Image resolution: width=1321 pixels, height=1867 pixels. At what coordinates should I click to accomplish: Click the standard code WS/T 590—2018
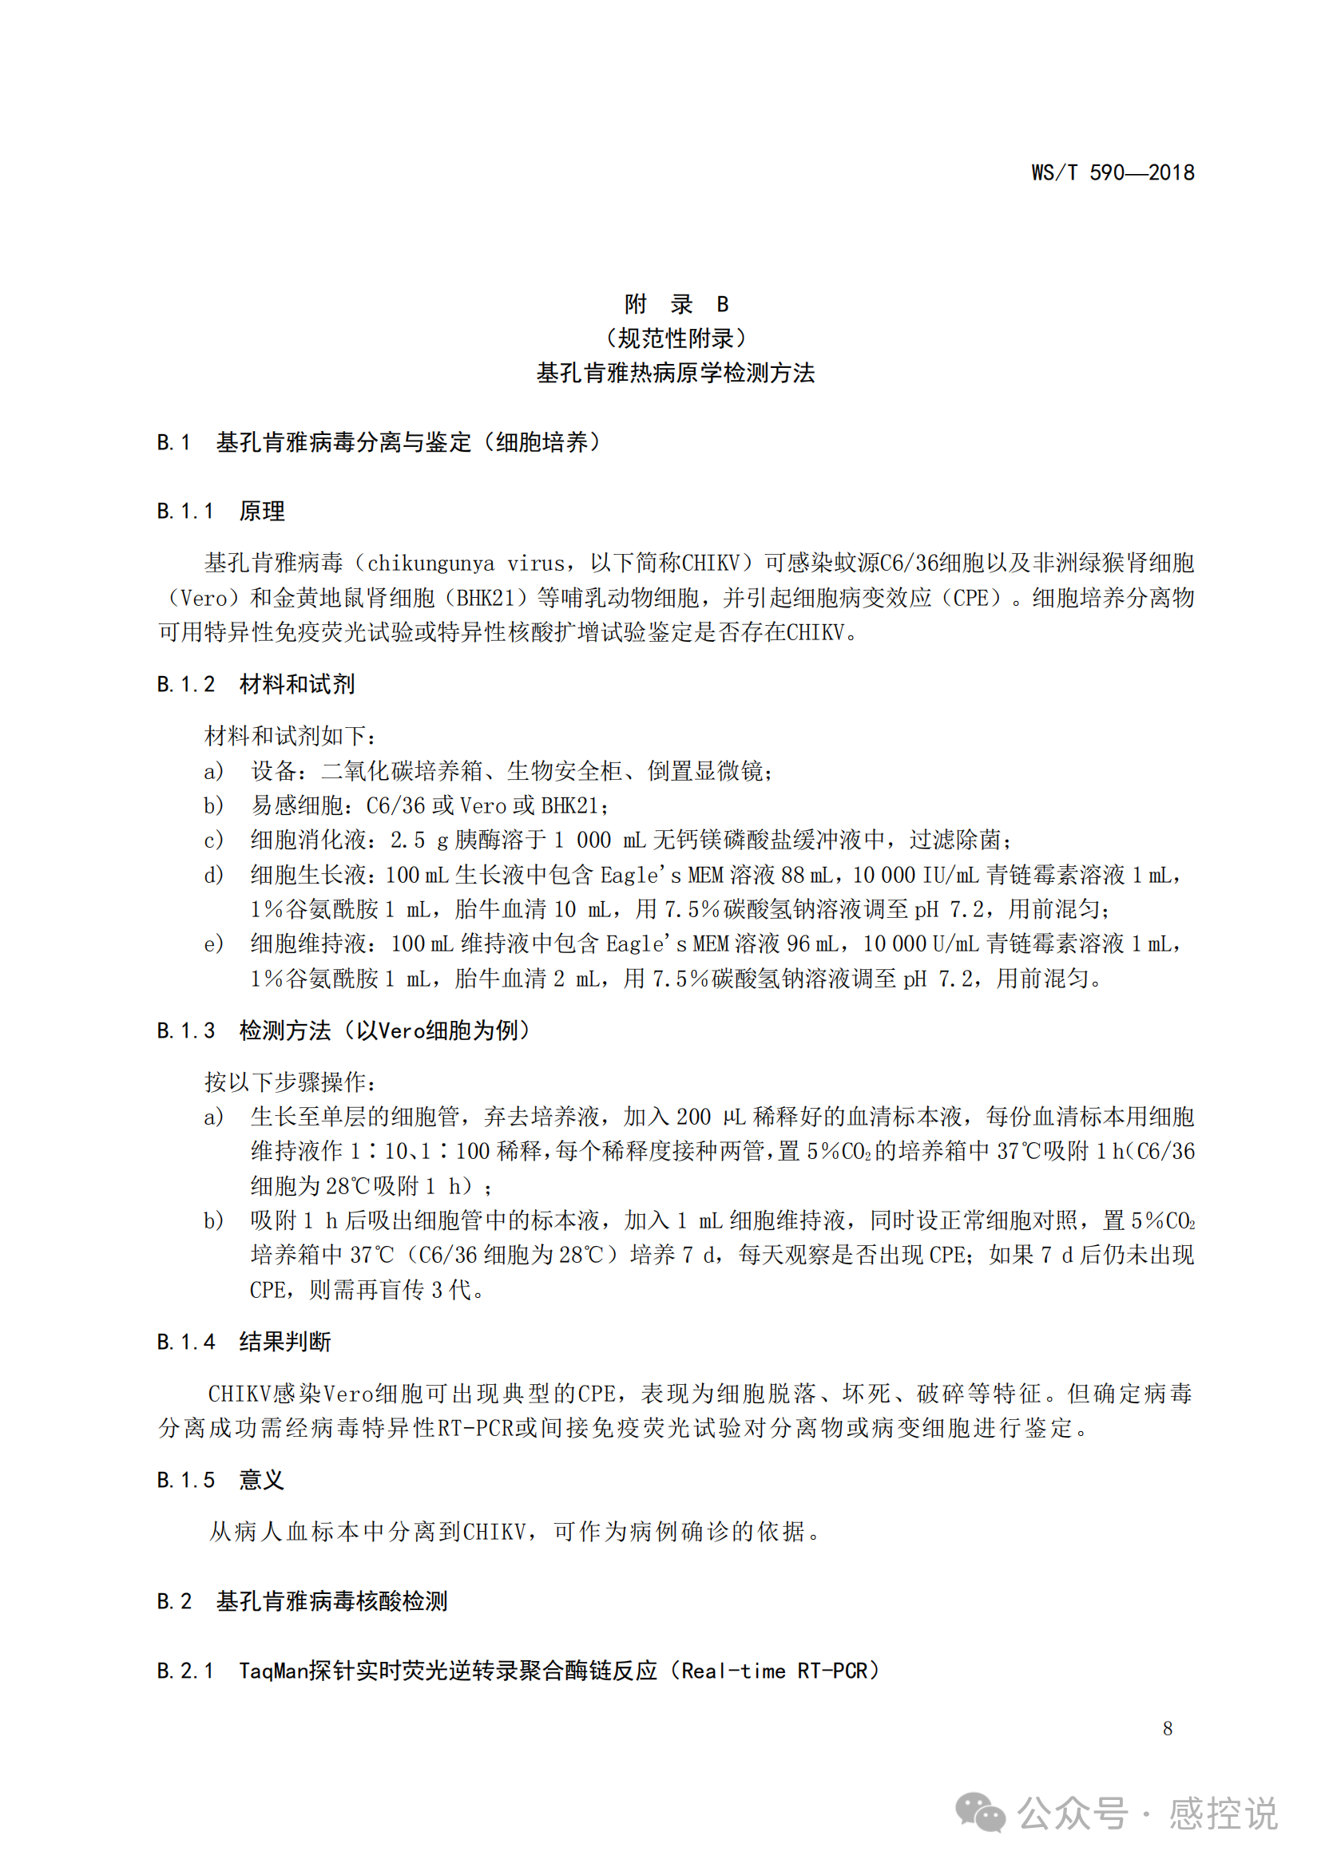pos(1112,172)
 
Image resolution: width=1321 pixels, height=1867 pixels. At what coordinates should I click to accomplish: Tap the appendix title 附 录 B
pos(676,304)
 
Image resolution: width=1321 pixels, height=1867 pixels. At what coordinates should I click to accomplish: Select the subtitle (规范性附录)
pos(676,338)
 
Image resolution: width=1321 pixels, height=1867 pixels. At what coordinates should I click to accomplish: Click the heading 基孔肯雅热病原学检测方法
pos(675,374)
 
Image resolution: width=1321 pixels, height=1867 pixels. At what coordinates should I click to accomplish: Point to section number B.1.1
pos(185,512)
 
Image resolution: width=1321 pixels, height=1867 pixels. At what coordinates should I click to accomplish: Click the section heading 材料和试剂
pos(297,685)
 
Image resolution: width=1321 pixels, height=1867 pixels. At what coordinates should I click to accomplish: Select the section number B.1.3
pos(185,1031)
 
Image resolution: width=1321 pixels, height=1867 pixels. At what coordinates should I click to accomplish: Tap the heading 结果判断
pos(284,1343)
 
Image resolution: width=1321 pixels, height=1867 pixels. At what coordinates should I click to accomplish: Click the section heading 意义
pos(261,1481)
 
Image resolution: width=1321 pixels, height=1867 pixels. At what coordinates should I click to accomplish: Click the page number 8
pos(1168,1729)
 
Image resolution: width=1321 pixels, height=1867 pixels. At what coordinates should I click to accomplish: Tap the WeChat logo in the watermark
pos(980,1814)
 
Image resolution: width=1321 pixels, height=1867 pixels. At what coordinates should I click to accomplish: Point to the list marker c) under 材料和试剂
pos(213,840)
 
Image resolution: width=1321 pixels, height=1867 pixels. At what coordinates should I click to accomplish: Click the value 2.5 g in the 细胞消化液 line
pos(419,840)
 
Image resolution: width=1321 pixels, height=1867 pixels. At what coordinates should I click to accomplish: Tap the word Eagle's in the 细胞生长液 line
pos(641,875)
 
